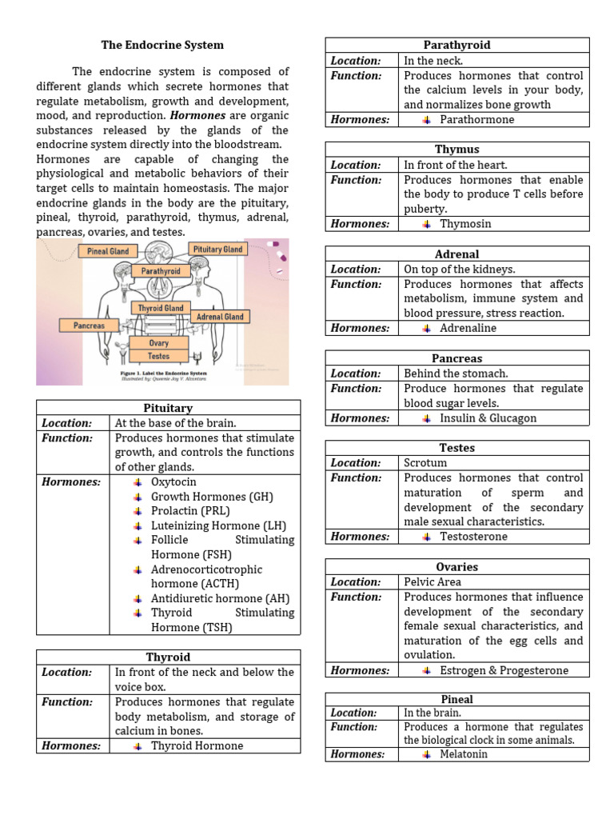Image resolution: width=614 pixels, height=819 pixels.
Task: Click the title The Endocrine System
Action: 162,45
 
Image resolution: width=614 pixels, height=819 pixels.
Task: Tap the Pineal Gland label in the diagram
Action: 107,251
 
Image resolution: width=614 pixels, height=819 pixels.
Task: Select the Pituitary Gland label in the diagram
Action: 218,250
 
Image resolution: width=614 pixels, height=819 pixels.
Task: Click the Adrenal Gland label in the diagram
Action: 220,317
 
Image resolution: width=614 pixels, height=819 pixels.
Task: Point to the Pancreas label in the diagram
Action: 89,326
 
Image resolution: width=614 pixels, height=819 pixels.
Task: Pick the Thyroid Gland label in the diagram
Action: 161,308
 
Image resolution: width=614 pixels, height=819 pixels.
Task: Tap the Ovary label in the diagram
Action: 158,343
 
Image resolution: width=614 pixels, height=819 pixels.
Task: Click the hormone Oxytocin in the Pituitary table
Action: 173,482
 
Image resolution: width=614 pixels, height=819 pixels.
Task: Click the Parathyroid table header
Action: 457,45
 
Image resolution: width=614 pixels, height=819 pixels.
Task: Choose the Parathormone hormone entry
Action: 477,119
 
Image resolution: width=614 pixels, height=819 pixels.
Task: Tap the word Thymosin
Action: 465,224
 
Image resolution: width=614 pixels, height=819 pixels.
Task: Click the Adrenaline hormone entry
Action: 468,328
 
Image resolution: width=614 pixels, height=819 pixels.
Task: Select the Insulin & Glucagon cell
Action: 488,417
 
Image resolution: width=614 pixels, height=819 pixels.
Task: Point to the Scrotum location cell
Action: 425,463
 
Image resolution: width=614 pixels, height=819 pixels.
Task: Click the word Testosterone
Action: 473,537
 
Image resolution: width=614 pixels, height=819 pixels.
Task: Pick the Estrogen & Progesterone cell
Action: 504,670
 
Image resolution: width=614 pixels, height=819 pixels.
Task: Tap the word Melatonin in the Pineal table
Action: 464,754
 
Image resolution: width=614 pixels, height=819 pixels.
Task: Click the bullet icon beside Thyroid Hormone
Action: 138,746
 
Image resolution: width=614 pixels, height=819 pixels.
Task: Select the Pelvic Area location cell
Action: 433,582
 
